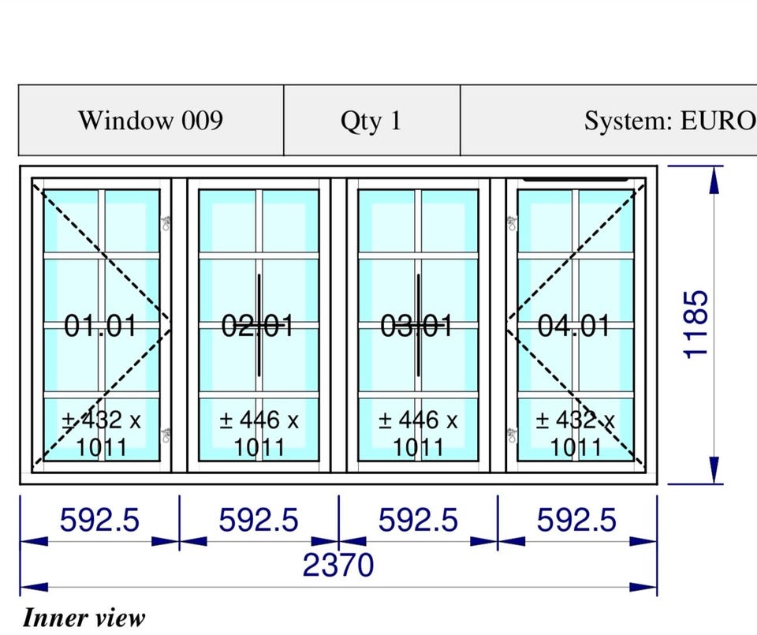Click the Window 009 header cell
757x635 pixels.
click(151, 120)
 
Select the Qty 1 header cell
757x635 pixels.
click(371, 120)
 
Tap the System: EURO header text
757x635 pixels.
click(670, 121)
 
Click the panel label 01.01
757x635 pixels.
click(100, 326)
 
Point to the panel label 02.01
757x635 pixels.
click(257, 326)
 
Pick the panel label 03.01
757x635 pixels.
click(416, 326)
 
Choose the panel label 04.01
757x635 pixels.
click(574, 326)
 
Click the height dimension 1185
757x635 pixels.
click(695, 324)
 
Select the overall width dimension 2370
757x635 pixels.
click(338, 565)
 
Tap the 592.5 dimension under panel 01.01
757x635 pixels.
click(99, 520)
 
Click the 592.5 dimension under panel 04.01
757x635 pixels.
click(577, 520)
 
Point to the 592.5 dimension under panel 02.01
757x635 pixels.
click(259, 520)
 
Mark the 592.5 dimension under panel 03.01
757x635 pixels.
click(418, 520)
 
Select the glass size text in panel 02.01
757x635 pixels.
click(259, 434)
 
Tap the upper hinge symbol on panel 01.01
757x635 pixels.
click(166, 223)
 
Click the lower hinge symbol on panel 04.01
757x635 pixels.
click(512, 435)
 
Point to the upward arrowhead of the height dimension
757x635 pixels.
click(714, 179)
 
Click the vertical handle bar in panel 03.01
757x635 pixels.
click(418, 325)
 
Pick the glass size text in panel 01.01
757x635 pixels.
click(102, 434)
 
